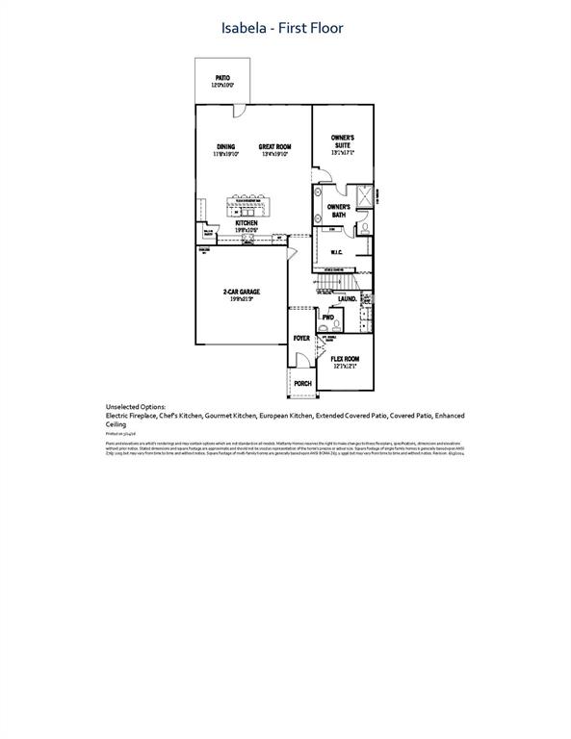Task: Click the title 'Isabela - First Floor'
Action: pos(285,28)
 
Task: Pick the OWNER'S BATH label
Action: pos(337,210)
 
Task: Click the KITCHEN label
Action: pos(247,224)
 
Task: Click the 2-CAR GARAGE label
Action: pos(242,293)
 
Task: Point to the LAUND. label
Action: pos(348,299)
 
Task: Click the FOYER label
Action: pos(301,339)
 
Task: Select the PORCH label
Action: pos(302,383)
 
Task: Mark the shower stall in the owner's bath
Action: pos(364,197)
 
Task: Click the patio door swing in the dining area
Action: pos(238,112)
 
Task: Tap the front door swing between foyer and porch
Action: pos(301,360)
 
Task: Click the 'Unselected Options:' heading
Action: pos(136,407)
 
